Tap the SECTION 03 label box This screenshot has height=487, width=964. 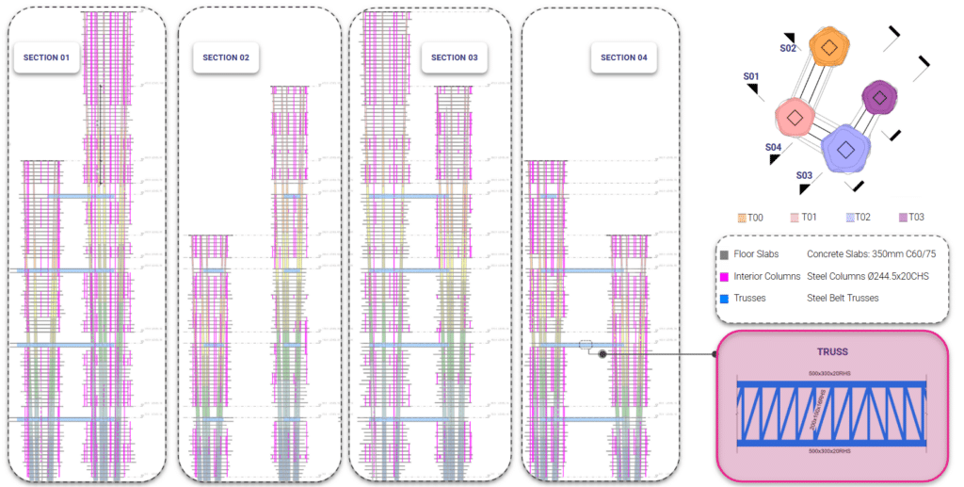[455, 57]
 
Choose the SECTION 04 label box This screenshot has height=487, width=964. [623, 57]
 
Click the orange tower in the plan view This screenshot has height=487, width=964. [828, 48]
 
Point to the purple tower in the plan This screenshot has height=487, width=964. [879, 97]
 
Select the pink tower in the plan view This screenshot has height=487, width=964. [795, 118]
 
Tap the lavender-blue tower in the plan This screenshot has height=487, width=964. [845, 149]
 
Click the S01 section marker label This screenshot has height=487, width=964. [750, 75]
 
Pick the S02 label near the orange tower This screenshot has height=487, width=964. [788, 47]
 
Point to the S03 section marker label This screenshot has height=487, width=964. [803, 175]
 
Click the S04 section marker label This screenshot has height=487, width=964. [773, 147]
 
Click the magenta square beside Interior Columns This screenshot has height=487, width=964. [724, 276]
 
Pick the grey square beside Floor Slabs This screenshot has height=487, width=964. [724, 254]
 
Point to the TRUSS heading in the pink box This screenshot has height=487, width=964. [832, 351]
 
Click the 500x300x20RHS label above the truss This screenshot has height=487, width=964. [832, 374]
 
